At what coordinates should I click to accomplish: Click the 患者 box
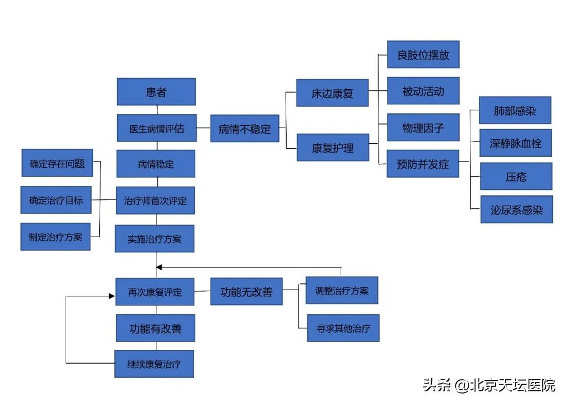(x=156, y=92)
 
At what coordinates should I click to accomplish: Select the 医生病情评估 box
(x=156, y=128)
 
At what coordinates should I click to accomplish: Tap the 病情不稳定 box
(x=244, y=129)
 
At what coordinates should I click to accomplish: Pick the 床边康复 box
(x=332, y=93)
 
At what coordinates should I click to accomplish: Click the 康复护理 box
(x=332, y=147)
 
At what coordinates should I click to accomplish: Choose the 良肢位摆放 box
(x=423, y=55)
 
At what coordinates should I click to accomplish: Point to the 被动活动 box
(x=423, y=91)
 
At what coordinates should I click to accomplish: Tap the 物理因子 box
(x=423, y=127)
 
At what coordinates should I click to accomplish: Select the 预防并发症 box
(x=423, y=163)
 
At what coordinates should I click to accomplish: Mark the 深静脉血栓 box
(x=516, y=143)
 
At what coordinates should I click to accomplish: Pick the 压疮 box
(x=516, y=176)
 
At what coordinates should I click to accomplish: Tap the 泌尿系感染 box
(x=516, y=209)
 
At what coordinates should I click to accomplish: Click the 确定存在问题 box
(x=57, y=163)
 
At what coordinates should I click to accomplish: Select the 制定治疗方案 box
(x=55, y=236)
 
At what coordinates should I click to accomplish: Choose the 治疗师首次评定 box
(x=155, y=200)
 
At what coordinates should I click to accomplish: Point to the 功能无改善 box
(x=246, y=291)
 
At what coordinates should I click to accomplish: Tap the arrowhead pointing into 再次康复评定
(x=112, y=296)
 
